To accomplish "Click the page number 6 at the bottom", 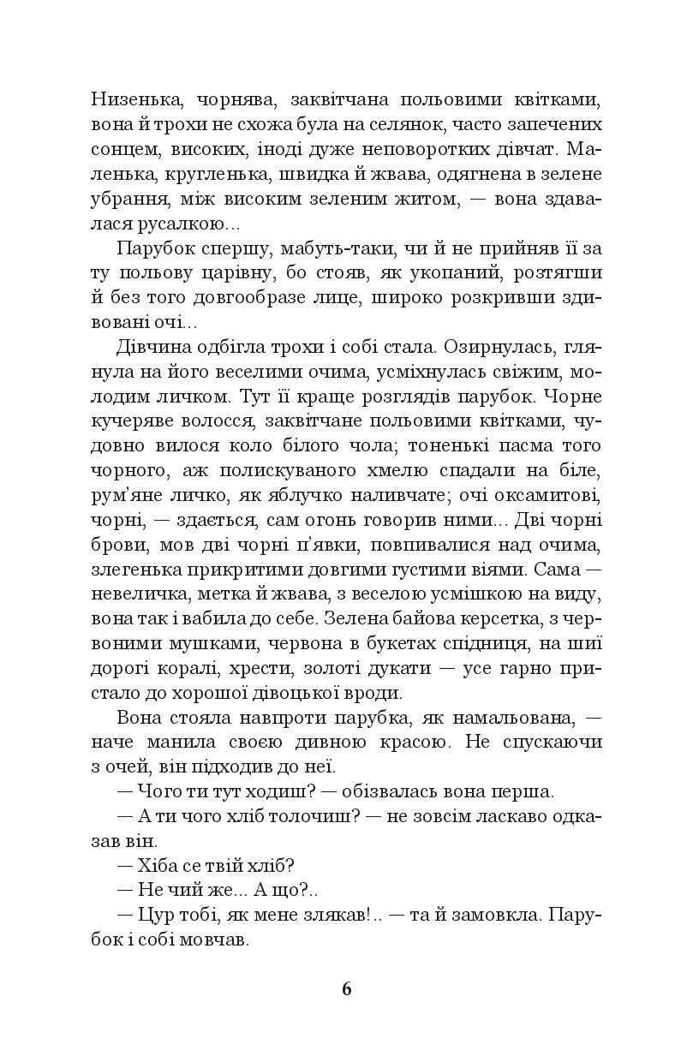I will (x=346, y=988).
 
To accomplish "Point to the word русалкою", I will (x=180, y=224).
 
